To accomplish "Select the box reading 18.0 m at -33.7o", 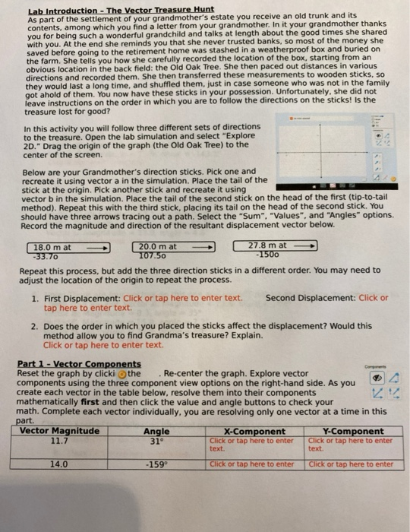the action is click(52, 251).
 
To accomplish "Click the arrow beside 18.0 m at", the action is click(97, 247).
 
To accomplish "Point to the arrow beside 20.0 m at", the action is click(203, 247).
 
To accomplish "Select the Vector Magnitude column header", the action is click(59, 430).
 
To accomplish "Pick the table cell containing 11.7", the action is click(59, 439).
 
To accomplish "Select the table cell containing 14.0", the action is click(59, 463).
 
